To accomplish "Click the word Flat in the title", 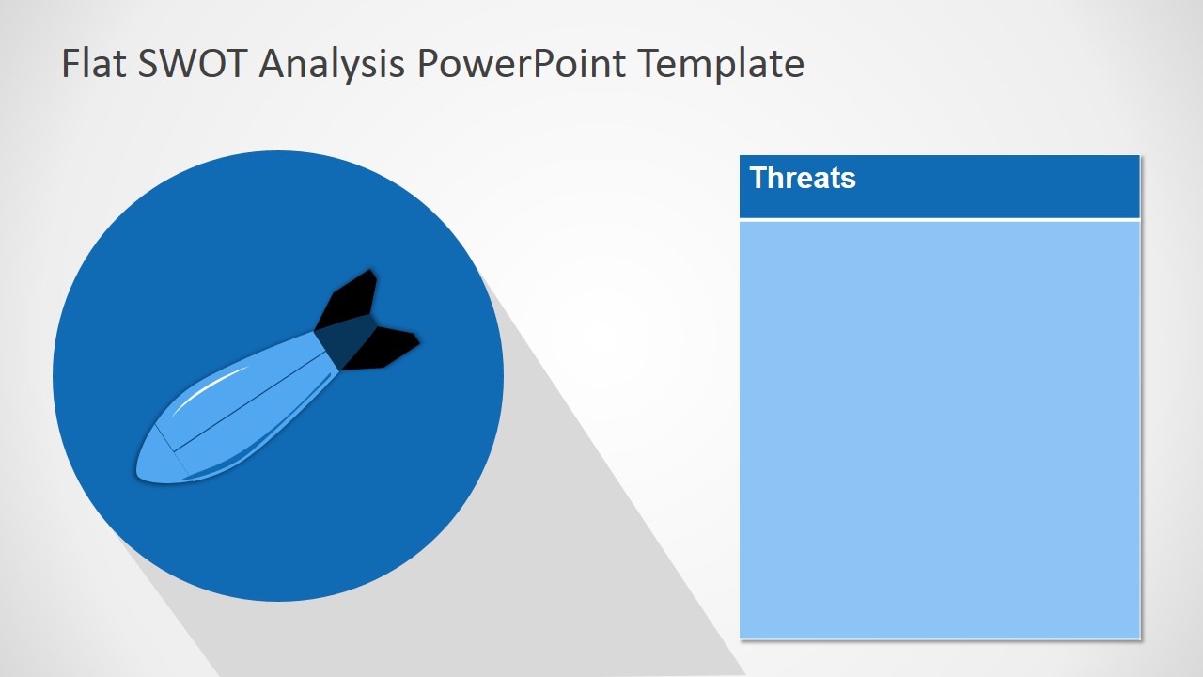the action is click(93, 63).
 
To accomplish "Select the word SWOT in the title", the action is click(193, 63).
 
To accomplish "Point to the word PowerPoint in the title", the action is click(521, 63).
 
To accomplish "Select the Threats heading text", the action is click(803, 178).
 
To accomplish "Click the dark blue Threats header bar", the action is click(940, 186).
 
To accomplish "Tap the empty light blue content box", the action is click(940, 430).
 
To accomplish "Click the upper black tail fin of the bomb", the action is click(349, 298).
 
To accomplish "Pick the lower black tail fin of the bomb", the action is click(384, 348).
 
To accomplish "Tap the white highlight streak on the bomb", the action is click(210, 389).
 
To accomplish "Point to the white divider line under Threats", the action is click(940, 220).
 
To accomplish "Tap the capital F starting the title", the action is click(70, 63).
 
